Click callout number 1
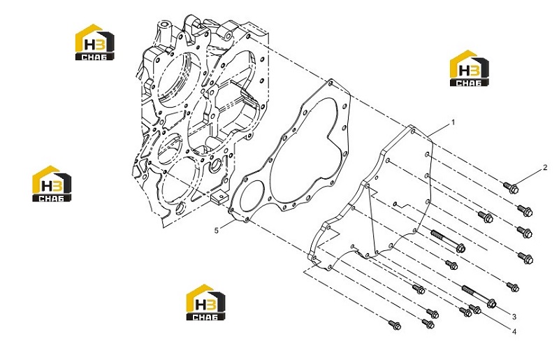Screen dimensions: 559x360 453,122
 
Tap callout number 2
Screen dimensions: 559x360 545,167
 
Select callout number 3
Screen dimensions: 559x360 514,317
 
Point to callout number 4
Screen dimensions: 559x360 514,332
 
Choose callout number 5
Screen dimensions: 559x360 216,231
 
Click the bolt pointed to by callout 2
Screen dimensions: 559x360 511,187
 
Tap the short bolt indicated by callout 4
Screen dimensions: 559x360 475,309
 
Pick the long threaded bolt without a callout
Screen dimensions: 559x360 448,241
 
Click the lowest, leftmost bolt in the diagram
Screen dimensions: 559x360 395,324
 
